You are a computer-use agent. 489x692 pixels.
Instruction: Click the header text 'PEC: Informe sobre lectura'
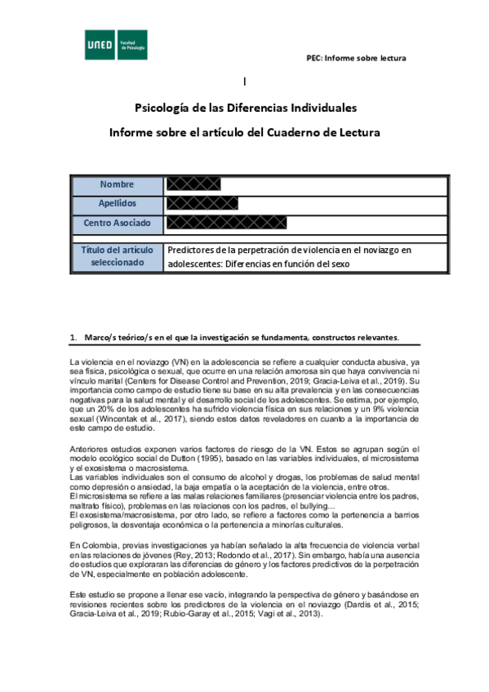coord(355,58)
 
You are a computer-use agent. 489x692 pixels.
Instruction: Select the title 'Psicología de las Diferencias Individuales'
coord(245,108)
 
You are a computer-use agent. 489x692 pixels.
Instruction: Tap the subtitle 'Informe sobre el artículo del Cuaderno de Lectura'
coord(245,132)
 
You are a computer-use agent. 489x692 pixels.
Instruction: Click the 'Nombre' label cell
coord(117,184)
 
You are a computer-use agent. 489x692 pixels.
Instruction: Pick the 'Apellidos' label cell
coord(117,203)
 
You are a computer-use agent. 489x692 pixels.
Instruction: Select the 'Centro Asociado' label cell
coord(117,223)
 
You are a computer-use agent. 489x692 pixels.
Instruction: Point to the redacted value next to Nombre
coord(193,184)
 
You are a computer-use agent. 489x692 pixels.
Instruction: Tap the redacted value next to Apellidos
coord(202,203)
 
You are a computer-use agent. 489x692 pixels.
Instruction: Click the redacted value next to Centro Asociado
coord(229,223)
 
